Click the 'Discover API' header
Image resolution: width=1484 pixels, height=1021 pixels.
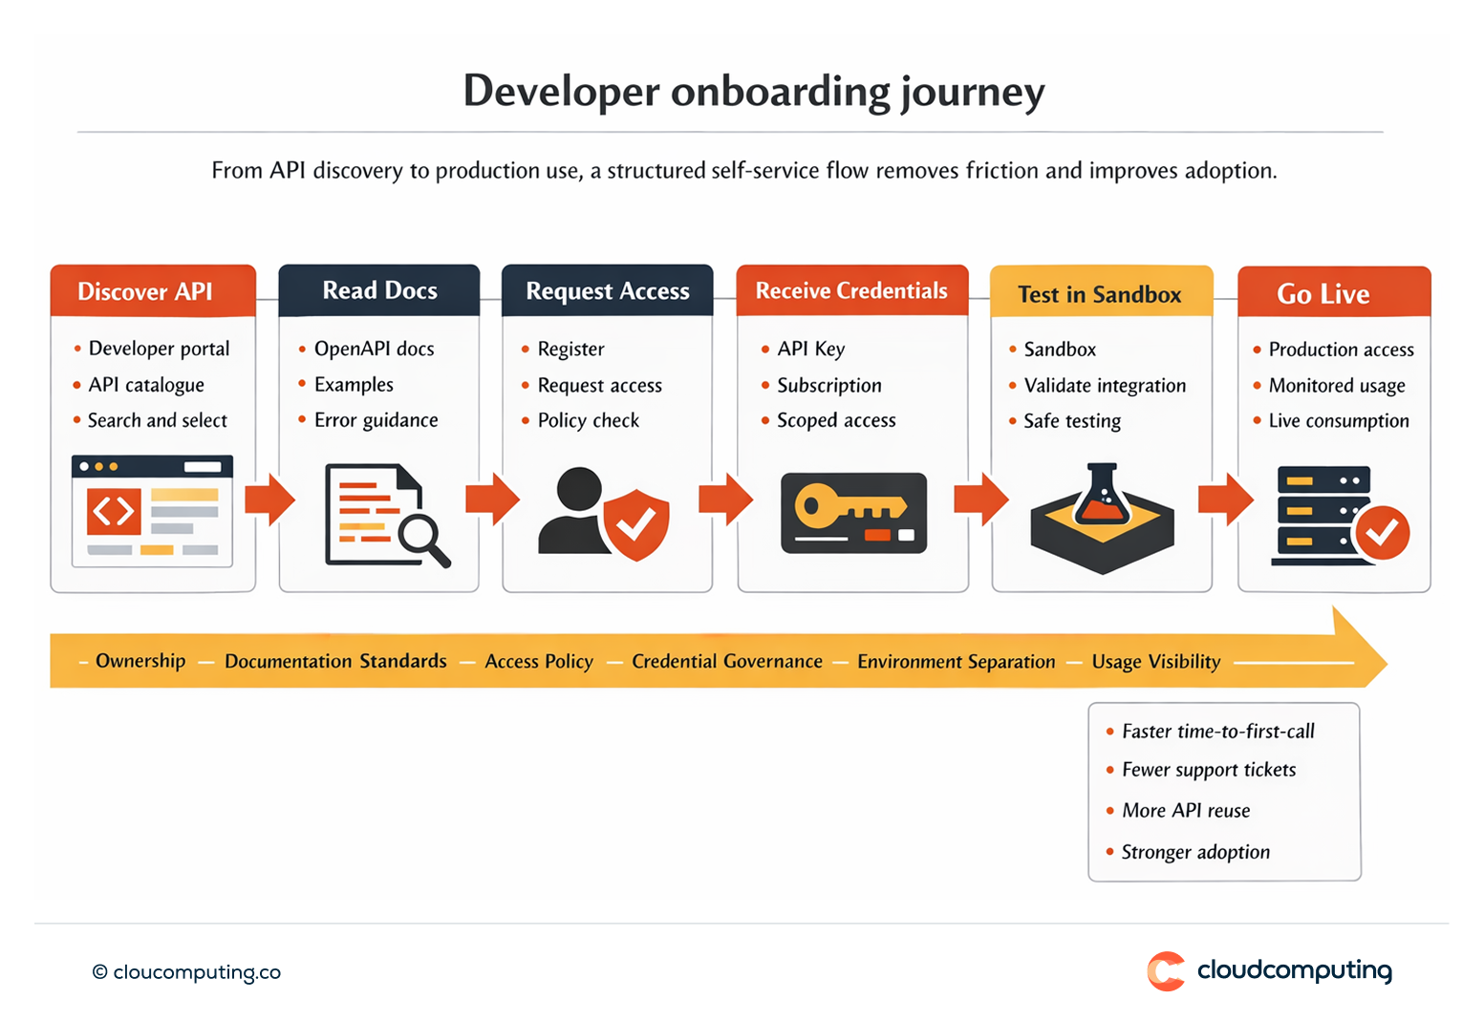(x=145, y=291)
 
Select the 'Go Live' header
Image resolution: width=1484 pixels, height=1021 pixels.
(x=1323, y=294)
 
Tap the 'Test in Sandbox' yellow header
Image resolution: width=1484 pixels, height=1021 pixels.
(x=1100, y=294)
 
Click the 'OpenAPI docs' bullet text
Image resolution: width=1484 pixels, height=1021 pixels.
(x=374, y=350)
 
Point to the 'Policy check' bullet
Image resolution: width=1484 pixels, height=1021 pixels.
(x=588, y=421)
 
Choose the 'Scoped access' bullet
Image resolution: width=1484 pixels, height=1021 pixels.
(x=836, y=421)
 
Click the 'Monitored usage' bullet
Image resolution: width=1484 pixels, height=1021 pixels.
(x=1336, y=386)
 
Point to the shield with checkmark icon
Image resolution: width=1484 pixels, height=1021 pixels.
(x=635, y=524)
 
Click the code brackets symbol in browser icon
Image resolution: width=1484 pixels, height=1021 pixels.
(x=114, y=512)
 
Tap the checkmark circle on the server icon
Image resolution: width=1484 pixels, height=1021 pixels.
(x=1381, y=532)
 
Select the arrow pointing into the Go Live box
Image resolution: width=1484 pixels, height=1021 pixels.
(x=1225, y=500)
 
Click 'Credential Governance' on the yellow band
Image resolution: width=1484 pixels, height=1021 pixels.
(x=726, y=662)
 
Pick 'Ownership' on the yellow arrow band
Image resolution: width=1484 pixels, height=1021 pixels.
(x=140, y=661)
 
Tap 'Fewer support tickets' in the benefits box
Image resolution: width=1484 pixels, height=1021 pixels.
(x=1209, y=771)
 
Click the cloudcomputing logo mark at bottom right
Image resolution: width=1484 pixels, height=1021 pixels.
(x=1166, y=971)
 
